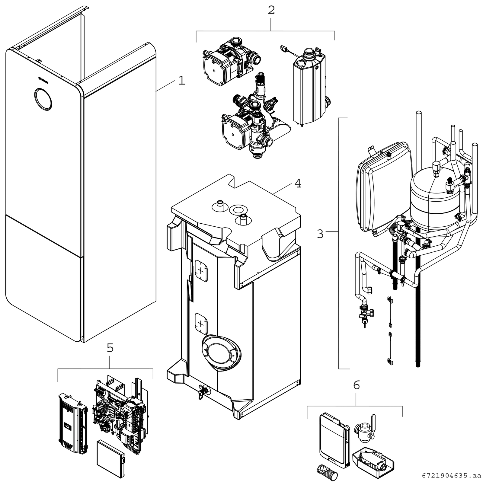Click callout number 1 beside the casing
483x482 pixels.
coord(181,81)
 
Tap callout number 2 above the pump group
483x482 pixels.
coord(271,10)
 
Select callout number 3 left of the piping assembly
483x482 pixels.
coord(320,234)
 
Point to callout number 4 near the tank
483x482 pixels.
coord(298,184)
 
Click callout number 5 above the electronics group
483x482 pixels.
coord(110,348)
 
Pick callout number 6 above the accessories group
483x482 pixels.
coord(356,385)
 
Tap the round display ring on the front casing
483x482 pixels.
coord(43,99)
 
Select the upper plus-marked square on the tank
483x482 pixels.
coord(201,271)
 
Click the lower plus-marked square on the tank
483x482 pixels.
coord(201,324)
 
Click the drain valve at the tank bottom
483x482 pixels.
coord(202,392)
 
